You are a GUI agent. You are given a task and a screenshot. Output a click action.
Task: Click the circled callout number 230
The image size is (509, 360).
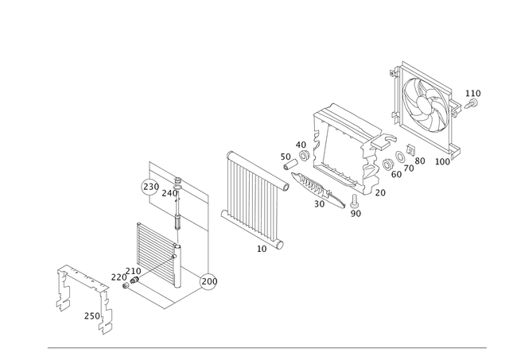pyautogui.click(x=150, y=187)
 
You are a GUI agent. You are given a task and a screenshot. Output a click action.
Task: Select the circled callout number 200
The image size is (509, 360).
pyautogui.click(x=208, y=281)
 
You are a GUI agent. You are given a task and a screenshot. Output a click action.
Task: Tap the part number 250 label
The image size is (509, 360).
pyautogui.click(x=92, y=315)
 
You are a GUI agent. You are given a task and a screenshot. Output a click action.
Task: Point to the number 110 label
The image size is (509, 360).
pyautogui.click(x=473, y=94)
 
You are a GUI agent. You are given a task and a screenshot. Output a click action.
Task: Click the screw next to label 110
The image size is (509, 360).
pyautogui.click(x=471, y=104)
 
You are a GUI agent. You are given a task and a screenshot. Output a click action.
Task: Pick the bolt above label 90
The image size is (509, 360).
pyautogui.click(x=354, y=201)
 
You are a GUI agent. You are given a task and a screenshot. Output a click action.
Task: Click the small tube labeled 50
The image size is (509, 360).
pyautogui.click(x=291, y=165)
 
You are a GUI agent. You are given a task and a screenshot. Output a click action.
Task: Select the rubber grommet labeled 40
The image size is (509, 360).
pyautogui.click(x=304, y=155)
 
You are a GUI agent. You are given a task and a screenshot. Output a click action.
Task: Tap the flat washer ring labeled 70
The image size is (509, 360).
pyautogui.click(x=400, y=157)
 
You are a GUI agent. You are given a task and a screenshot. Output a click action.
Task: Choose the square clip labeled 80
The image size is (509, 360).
pyautogui.click(x=410, y=149)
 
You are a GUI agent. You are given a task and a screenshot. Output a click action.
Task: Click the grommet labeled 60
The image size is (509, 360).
pyautogui.click(x=387, y=165)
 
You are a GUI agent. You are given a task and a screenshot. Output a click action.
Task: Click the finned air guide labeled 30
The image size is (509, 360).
pyautogui.click(x=318, y=190)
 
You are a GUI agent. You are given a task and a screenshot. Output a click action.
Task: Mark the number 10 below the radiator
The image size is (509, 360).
pyautogui.click(x=262, y=249)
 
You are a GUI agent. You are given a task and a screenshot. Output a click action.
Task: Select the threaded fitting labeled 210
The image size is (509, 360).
pyautogui.click(x=134, y=280)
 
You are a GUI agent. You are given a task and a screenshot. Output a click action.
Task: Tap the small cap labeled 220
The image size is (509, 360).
pyautogui.click(x=126, y=285)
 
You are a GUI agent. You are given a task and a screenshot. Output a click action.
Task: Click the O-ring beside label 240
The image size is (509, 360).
pyautogui.click(x=177, y=188)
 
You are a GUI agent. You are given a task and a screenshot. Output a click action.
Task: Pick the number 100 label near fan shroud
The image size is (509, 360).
pyautogui.click(x=442, y=161)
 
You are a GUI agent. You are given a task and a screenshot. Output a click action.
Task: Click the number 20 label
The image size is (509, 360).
pyautogui.click(x=380, y=193)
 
